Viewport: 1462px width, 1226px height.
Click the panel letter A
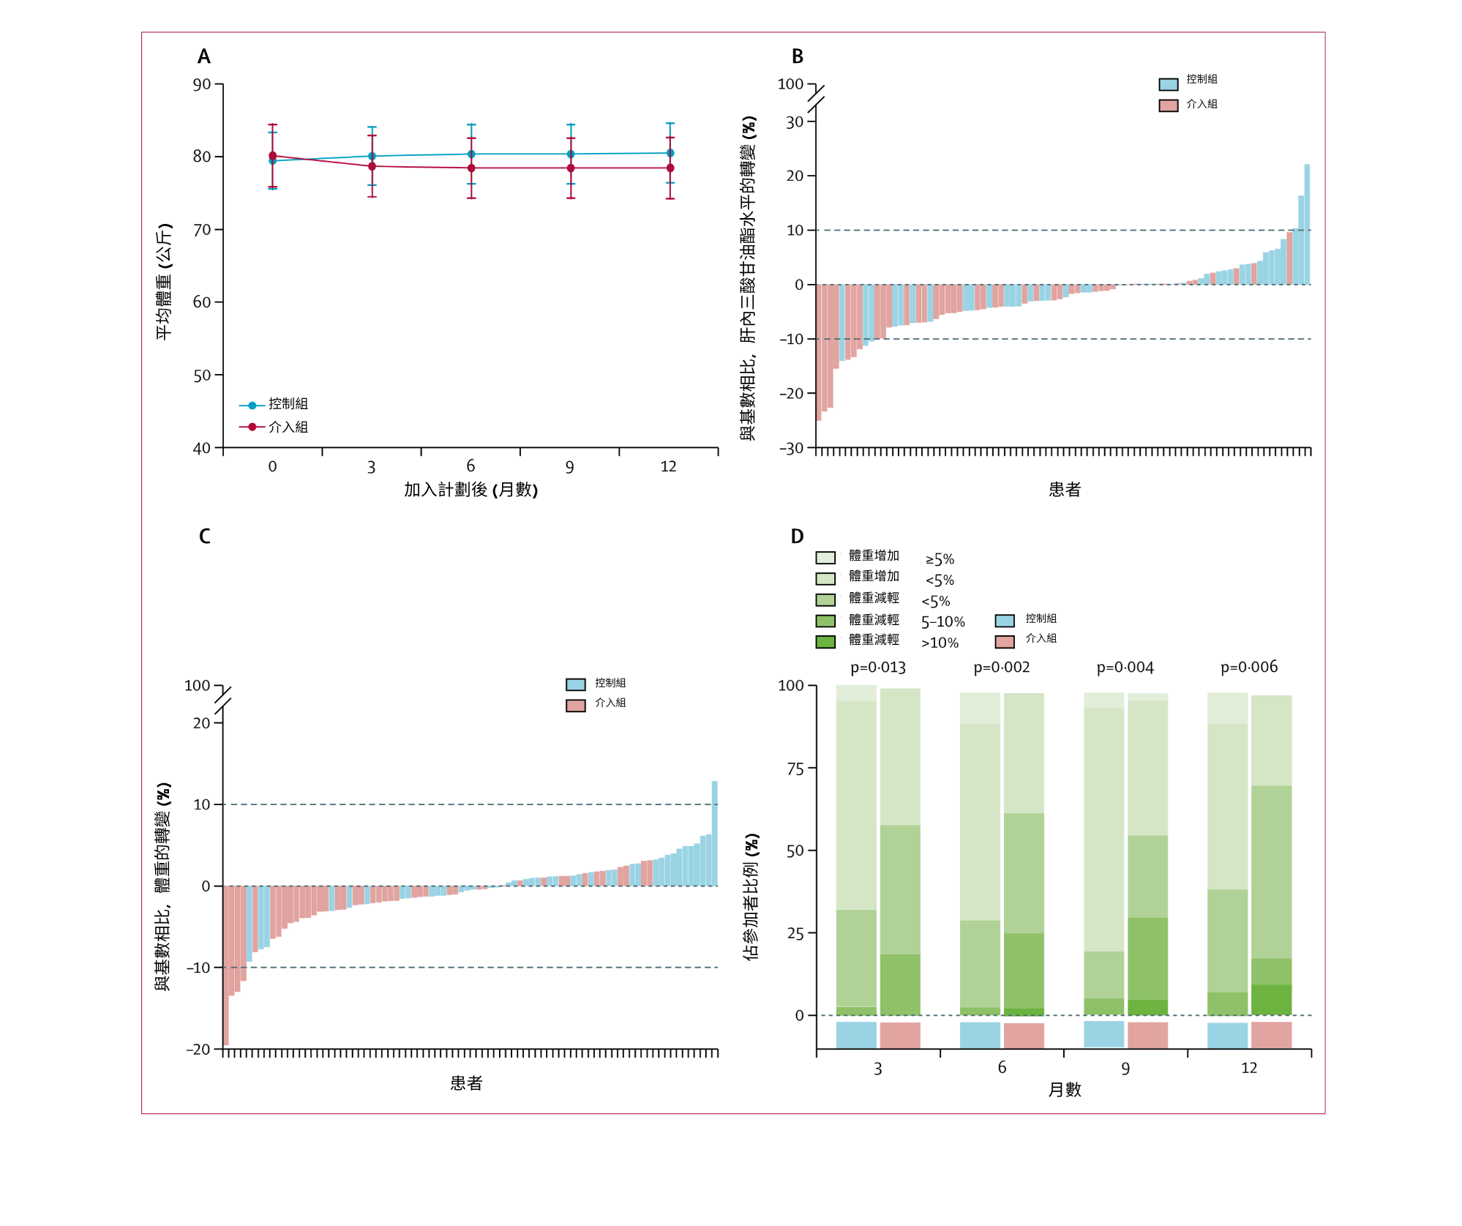203,56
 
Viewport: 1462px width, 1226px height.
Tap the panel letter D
797,537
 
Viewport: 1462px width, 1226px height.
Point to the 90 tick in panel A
202,84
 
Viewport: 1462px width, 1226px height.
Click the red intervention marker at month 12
670,168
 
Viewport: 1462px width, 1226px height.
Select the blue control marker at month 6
471,154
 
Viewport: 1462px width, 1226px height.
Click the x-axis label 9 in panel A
569,467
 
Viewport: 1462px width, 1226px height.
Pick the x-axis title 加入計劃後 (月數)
471,490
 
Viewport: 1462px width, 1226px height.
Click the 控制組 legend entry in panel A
288,404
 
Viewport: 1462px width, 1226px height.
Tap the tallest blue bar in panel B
1307,224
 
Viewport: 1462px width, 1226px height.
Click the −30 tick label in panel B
791,448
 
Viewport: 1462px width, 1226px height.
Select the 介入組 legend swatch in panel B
1169,105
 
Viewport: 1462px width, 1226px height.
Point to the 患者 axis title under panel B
1064,490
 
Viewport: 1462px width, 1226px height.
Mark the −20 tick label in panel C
198,1050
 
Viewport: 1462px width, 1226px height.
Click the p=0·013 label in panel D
878,668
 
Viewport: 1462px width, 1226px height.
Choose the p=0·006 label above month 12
1249,667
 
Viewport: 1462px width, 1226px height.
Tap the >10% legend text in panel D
940,643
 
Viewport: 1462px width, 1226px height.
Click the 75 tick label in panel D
795,769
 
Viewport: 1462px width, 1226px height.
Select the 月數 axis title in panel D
1064,1090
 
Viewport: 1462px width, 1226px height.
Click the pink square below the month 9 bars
1147,1035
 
